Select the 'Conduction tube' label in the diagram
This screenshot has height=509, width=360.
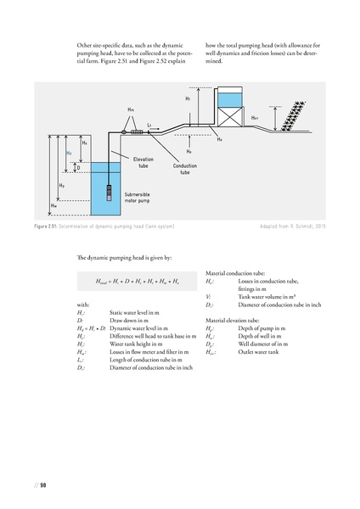coord(185,169)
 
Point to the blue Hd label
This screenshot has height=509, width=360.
coord(69,154)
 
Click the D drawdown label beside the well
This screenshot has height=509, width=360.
coord(78,169)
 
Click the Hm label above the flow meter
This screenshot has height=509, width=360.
coord(130,110)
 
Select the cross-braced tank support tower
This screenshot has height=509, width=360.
coord(229,119)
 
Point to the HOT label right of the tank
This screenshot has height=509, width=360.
coord(255,118)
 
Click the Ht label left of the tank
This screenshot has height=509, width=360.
coord(187,100)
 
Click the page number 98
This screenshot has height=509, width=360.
coord(42,485)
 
